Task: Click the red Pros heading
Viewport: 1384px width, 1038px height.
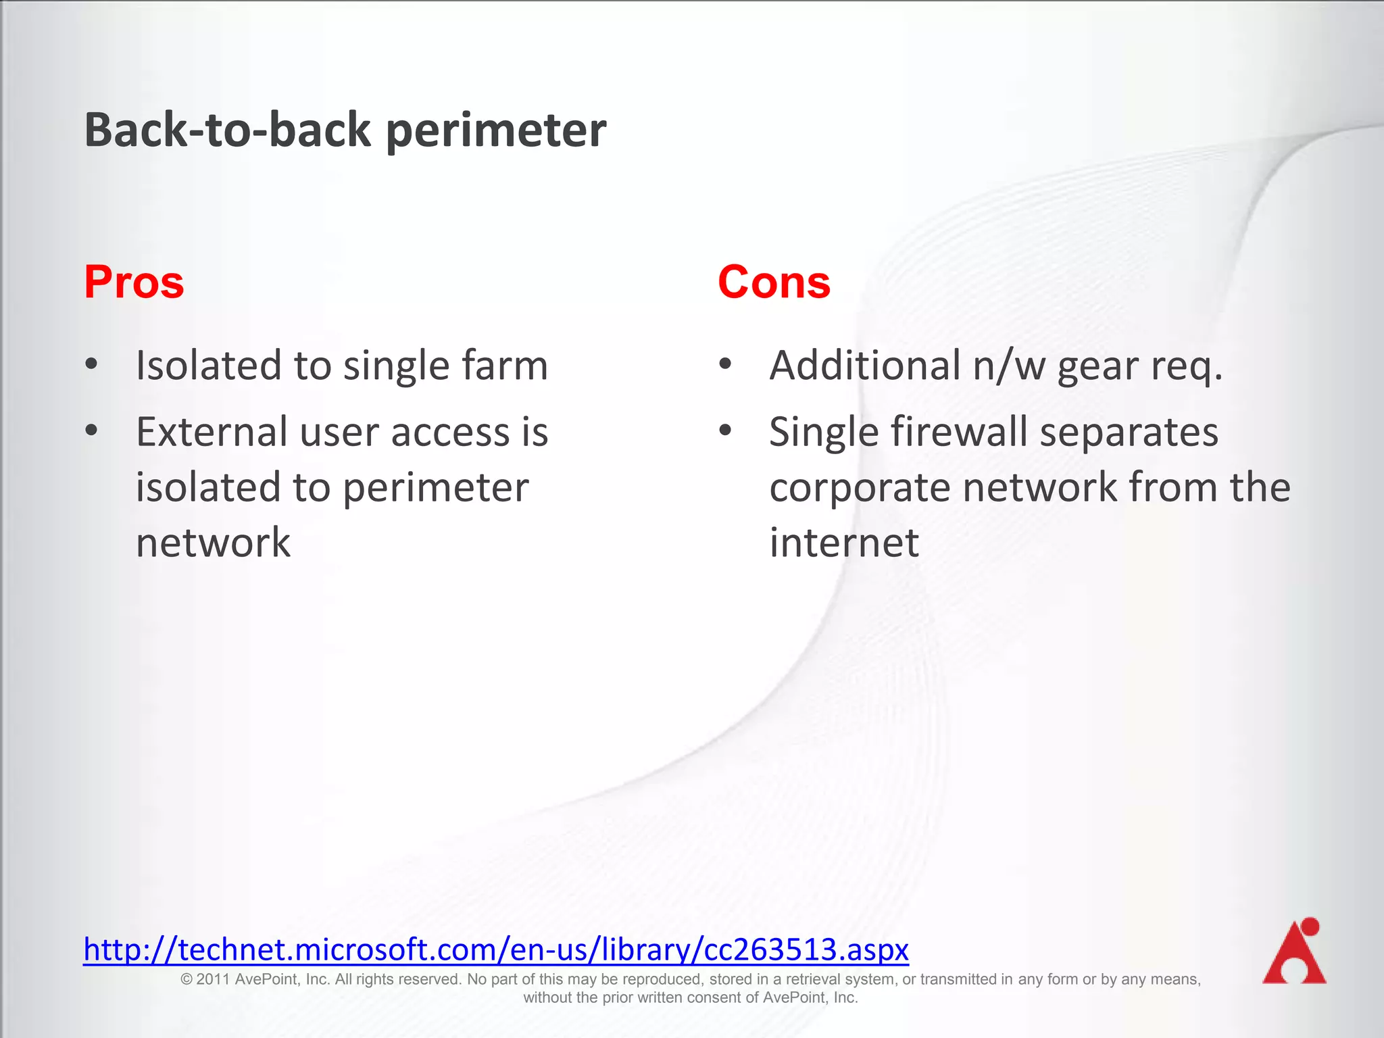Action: (134, 282)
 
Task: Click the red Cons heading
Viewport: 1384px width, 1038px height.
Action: (774, 282)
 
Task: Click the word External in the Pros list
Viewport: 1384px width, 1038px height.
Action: (212, 432)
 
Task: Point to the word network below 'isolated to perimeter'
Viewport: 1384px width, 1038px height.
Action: (213, 543)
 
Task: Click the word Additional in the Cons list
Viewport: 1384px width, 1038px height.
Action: (865, 366)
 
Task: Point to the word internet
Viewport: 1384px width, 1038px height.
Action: (844, 543)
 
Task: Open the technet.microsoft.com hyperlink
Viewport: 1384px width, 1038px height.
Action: (495, 949)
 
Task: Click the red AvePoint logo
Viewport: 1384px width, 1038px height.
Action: (1293, 951)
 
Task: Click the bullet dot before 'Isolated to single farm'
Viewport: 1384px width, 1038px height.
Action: (92, 365)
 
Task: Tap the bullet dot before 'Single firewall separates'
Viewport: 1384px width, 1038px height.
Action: (725, 430)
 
